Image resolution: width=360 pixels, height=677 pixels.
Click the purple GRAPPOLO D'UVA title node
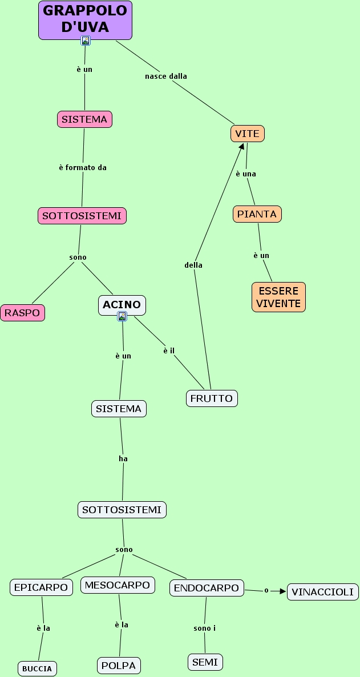85,19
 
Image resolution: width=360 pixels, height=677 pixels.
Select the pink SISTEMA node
84,119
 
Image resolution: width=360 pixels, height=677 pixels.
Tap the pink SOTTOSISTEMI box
82,216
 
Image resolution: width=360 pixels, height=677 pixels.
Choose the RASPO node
22,313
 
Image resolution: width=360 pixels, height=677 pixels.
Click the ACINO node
122,305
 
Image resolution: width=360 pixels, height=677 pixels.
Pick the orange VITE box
248,134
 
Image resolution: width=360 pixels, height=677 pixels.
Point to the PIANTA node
257,214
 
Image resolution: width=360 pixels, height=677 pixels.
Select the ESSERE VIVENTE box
278,297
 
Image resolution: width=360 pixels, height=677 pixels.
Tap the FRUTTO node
212,398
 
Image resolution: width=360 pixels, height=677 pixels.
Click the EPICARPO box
41,587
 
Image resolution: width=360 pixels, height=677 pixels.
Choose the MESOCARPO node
118,585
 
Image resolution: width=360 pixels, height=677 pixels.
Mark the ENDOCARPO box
207,588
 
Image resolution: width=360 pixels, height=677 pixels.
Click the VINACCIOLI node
323,592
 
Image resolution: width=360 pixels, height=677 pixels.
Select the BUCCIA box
37,668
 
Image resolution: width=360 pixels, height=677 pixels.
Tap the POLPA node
119,666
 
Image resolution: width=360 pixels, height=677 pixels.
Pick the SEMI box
205,662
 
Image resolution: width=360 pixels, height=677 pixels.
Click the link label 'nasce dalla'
166,76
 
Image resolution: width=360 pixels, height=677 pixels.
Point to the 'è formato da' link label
83,167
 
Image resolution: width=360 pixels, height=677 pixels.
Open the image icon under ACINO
122,316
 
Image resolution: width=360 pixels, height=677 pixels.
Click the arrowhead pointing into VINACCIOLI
282,591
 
